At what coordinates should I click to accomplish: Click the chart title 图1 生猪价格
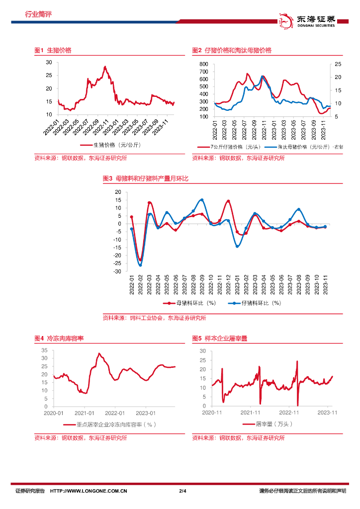[x=53, y=51]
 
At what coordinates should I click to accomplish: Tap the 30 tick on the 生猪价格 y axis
[x=49, y=62]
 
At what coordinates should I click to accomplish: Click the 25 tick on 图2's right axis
[x=338, y=65]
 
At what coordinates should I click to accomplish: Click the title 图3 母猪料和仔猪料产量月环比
[x=145, y=178]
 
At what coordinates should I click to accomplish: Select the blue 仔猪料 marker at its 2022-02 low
[x=141, y=265]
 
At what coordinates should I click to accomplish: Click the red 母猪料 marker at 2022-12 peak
[x=228, y=201]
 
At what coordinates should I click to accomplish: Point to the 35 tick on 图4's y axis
[x=44, y=350]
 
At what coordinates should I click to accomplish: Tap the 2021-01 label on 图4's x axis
[x=84, y=413]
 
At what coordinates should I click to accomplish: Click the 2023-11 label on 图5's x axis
[x=328, y=413]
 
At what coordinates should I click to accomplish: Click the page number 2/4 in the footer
[x=182, y=491]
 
